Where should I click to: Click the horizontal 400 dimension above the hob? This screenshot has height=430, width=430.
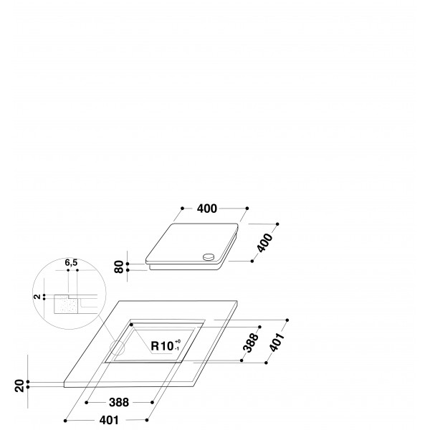click(206, 209)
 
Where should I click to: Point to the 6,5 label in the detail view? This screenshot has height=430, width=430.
click(71, 263)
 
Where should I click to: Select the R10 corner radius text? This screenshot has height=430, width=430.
click(161, 345)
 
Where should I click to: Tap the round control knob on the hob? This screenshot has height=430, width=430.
click(208, 257)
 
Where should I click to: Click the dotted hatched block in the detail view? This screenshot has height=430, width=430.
click(67, 306)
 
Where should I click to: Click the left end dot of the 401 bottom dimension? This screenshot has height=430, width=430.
click(64, 419)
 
